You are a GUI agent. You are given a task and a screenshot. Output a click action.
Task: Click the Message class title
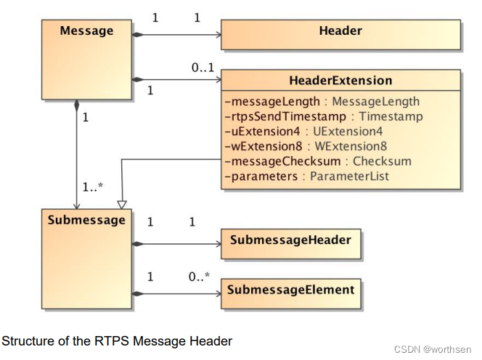[x=86, y=30]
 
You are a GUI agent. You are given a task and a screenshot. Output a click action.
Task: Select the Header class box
[x=340, y=35]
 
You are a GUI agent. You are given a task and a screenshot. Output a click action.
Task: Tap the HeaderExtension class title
[x=340, y=81]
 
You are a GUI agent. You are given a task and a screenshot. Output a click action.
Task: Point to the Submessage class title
[x=86, y=220]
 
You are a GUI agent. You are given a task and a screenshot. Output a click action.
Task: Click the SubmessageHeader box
[x=291, y=244]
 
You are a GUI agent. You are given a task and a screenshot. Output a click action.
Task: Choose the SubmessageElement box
[x=291, y=294]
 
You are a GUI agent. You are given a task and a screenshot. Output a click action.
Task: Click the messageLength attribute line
[x=322, y=102]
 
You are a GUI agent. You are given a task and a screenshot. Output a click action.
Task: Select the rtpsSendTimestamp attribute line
[x=324, y=117]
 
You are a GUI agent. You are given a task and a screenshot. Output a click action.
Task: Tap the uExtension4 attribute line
[x=303, y=131]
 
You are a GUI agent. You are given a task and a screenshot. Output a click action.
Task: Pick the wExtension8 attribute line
[x=306, y=147]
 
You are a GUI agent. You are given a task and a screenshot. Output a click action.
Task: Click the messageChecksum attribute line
[x=318, y=161]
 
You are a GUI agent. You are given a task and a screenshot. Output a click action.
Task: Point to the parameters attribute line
[x=307, y=176]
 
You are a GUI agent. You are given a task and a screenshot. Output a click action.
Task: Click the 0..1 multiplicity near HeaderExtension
[x=203, y=67]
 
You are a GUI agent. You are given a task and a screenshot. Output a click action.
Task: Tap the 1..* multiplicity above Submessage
[x=93, y=187]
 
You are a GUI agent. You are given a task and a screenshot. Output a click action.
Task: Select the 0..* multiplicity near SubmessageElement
[x=199, y=277]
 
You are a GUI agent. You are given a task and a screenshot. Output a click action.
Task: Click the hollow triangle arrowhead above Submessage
[x=122, y=205]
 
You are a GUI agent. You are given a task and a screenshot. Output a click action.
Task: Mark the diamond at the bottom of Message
[x=76, y=105]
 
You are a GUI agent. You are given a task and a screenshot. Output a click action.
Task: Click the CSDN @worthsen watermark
[x=433, y=350]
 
